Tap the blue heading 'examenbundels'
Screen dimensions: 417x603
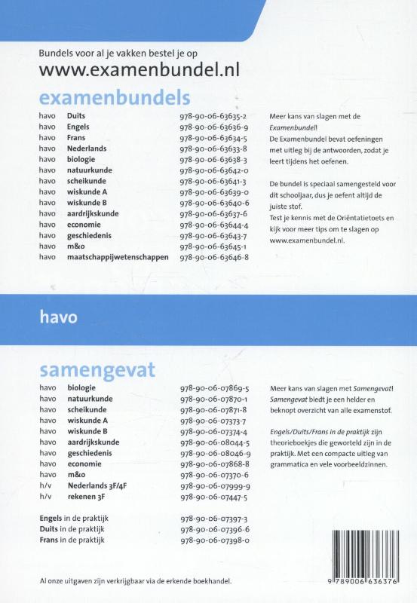114,99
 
